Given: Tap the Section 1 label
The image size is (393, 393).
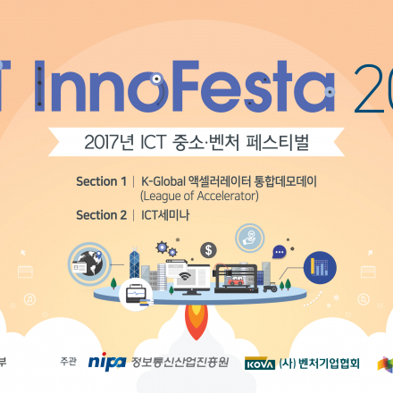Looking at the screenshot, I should pyautogui.click(x=101, y=181).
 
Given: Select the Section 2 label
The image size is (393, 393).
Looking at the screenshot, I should pyautogui.click(x=101, y=214).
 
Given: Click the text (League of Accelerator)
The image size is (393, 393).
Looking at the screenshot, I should pyautogui.click(x=198, y=196).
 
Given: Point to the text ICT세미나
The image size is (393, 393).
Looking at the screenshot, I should pyautogui.click(x=165, y=214).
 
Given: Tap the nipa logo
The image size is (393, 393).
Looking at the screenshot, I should pyautogui.click(x=107, y=363).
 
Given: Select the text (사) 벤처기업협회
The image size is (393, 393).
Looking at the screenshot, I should pyautogui.click(x=319, y=363).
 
